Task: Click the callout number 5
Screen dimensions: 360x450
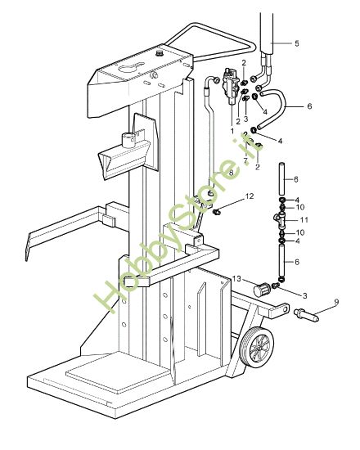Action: pyautogui.click(x=297, y=43)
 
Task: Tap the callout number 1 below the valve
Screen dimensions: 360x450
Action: pyautogui.click(x=232, y=131)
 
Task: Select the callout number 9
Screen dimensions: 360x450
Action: pyautogui.click(x=336, y=302)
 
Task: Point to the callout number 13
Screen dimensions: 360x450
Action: pyautogui.click(x=236, y=279)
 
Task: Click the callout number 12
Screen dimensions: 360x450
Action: pyautogui.click(x=250, y=196)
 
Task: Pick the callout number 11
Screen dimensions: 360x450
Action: pyautogui.click(x=304, y=220)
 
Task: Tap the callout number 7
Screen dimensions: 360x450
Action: pyautogui.click(x=245, y=160)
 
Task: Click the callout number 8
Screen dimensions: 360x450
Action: pyautogui.click(x=231, y=173)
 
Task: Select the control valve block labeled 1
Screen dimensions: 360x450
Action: pyautogui.click(x=231, y=86)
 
